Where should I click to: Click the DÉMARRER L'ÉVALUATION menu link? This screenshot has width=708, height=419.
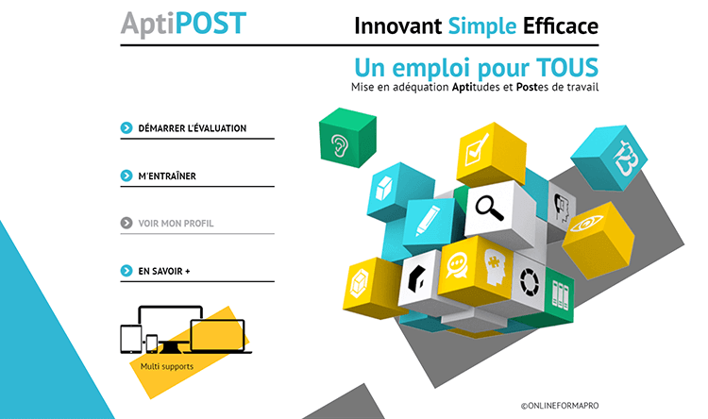[193, 128]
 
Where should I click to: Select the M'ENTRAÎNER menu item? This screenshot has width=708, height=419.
[167, 176]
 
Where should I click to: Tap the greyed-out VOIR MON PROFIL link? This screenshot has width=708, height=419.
[176, 223]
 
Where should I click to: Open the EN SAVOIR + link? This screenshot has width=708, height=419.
[164, 271]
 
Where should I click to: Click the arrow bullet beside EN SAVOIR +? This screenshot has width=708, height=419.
[126, 271]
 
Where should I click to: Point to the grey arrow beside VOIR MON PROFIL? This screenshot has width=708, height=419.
[126, 223]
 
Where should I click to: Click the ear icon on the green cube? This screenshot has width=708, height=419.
[340, 145]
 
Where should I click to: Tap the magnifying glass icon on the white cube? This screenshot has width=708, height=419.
[489, 209]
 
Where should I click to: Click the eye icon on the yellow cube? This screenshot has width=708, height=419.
[586, 224]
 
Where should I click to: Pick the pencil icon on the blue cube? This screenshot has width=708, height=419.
[427, 220]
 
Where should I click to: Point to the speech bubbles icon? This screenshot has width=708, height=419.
[457, 265]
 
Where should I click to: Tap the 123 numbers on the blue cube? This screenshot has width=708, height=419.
[625, 158]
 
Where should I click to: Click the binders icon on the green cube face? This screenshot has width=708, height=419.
[560, 295]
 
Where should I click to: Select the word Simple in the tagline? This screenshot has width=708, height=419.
[481, 25]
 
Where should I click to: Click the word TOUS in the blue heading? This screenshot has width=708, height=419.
[567, 68]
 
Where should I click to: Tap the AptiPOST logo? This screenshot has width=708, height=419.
[183, 24]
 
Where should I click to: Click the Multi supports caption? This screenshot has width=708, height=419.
[166, 366]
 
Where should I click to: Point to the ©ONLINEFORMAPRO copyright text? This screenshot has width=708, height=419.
[560, 406]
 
